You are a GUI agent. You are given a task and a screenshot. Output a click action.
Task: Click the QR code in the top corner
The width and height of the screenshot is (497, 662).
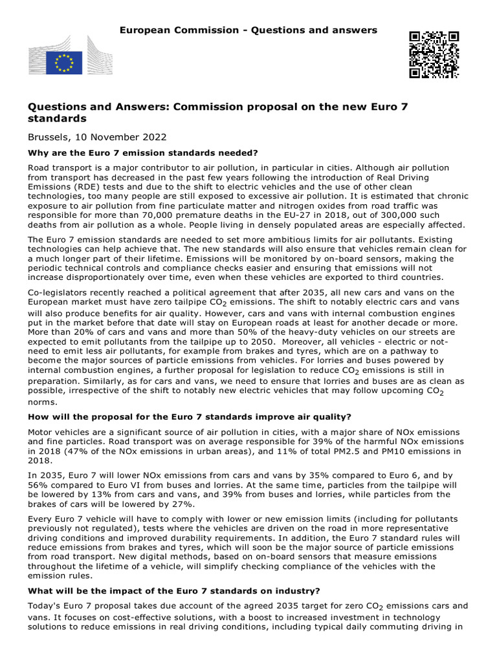pyautogui.click(x=434, y=54)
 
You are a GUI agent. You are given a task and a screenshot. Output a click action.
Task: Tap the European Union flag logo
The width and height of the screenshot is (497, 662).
pyautogui.click(x=64, y=63)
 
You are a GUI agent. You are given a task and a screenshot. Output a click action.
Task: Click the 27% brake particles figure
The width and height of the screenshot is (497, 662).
pyautogui.click(x=180, y=504)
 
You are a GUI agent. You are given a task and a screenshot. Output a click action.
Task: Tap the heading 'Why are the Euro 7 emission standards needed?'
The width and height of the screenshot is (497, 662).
pyautogui.click(x=143, y=153)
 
